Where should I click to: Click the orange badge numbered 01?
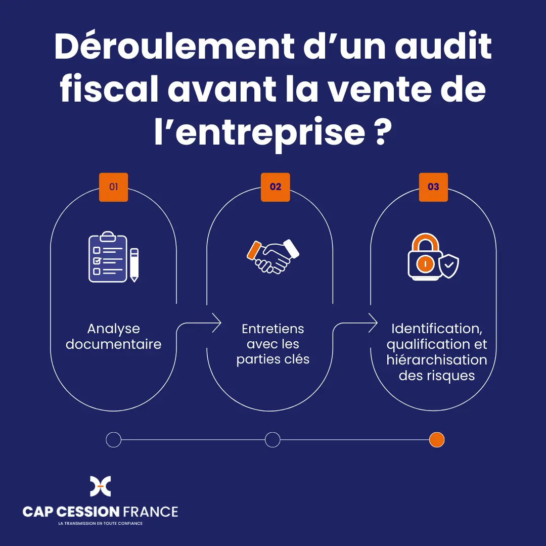(x=114, y=187)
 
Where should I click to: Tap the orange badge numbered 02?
(x=276, y=187)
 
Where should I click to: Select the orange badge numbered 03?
(x=433, y=187)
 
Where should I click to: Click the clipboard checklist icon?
(x=108, y=257)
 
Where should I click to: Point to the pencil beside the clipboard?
(x=134, y=265)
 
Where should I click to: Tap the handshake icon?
(x=273, y=256)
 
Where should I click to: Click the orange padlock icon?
(x=425, y=257)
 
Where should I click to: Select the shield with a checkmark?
(x=449, y=266)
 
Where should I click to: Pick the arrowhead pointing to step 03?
(x=373, y=323)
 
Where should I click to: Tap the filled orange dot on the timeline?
(x=437, y=439)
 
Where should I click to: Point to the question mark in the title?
(x=382, y=132)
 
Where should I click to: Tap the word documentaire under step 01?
(x=114, y=344)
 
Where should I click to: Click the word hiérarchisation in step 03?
(x=437, y=360)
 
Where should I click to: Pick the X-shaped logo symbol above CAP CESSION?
(x=100, y=486)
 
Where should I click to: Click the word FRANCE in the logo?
(x=151, y=512)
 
